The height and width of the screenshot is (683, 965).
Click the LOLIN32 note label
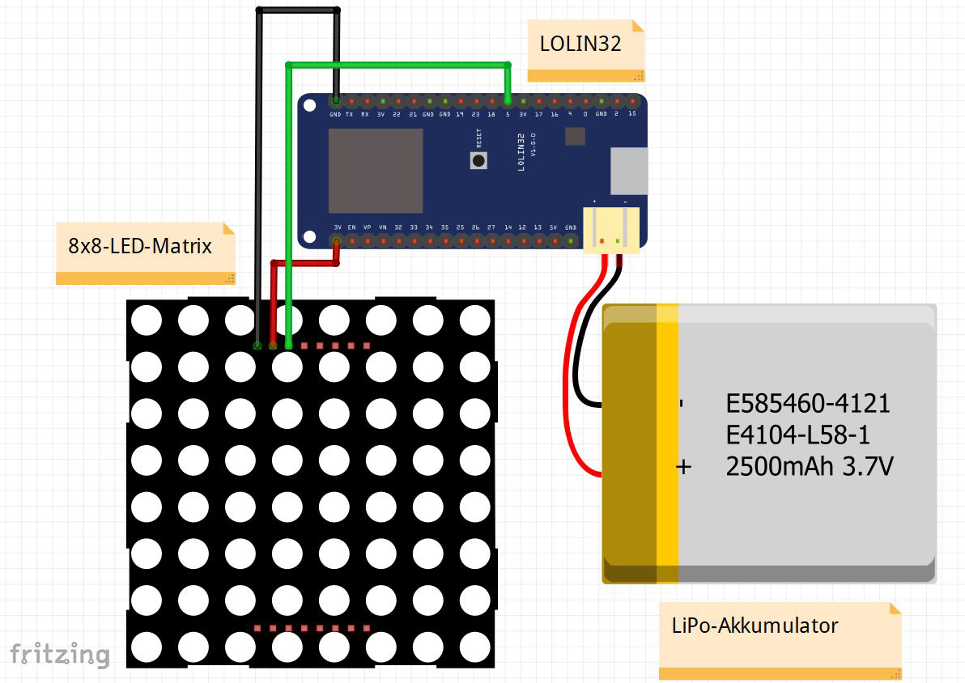pos(580,44)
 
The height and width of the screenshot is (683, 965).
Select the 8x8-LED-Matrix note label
pos(140,246)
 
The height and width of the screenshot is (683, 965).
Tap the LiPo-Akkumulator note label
pos(755,626)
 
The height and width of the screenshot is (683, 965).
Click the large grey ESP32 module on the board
pos(376,168)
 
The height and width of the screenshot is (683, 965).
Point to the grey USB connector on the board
pos(628,171)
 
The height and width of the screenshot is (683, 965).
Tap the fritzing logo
pos(59,654)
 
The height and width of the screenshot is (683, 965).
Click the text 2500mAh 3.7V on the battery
pos(810,467)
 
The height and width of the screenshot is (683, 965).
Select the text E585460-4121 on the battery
pos(808,403)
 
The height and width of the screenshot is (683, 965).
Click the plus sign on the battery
pos(684,467)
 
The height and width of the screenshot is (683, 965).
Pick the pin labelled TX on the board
pos(351,102)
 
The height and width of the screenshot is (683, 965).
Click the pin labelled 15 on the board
pos(631,102)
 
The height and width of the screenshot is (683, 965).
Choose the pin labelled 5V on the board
pos(555,240)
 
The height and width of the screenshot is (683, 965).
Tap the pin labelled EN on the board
pos(351,240)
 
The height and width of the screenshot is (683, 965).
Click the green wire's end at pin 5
pos(508,101)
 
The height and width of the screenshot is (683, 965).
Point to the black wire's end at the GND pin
pos(335,101)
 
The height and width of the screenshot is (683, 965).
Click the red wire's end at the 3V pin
pos(336,241)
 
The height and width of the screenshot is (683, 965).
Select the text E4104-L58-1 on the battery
pos(798,435)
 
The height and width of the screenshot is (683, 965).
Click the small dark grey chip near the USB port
pos(575,135)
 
